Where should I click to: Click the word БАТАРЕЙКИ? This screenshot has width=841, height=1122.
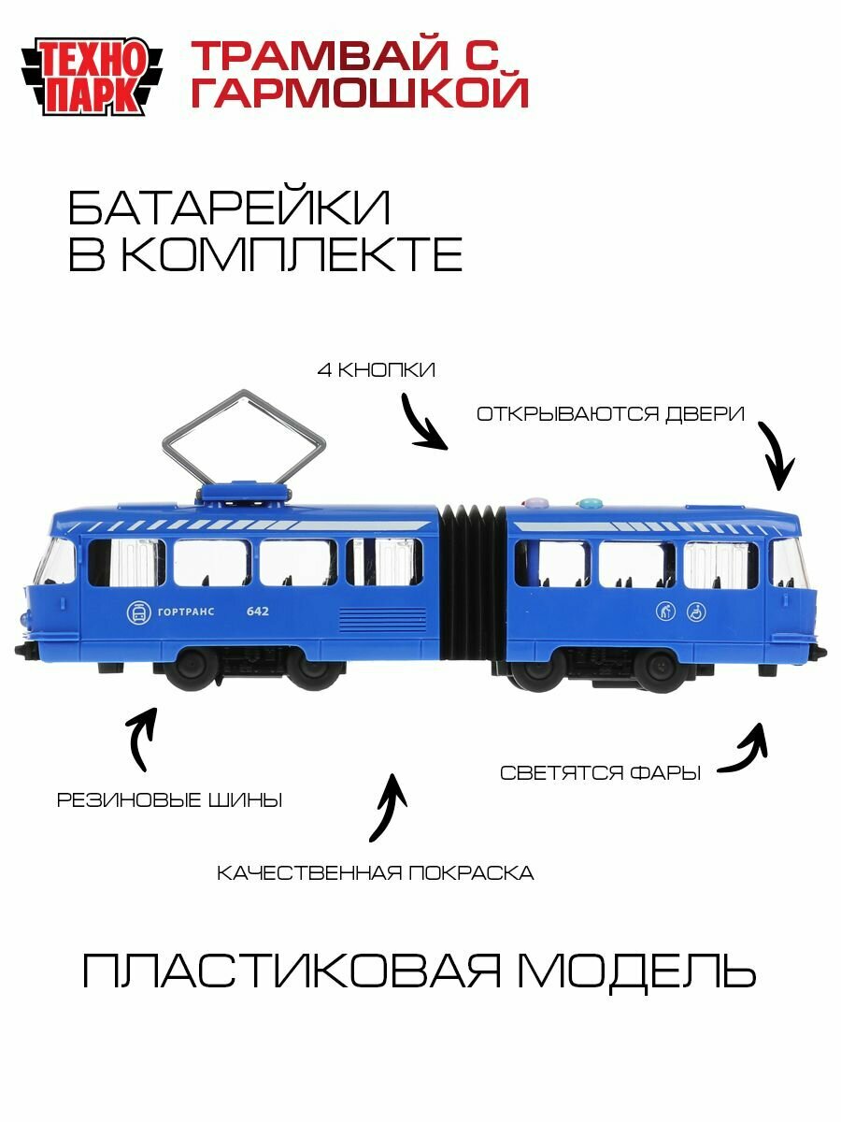229,209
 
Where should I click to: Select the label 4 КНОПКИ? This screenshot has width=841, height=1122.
376,370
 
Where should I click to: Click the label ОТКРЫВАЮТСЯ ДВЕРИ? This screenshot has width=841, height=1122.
610,413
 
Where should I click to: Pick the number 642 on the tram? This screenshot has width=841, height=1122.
258,611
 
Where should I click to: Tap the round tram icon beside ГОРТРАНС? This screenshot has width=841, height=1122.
138,613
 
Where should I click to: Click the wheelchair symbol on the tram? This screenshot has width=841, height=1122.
695,612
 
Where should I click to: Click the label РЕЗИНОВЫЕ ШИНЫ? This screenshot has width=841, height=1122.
170,800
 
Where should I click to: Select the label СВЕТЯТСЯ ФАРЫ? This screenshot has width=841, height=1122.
600,773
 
